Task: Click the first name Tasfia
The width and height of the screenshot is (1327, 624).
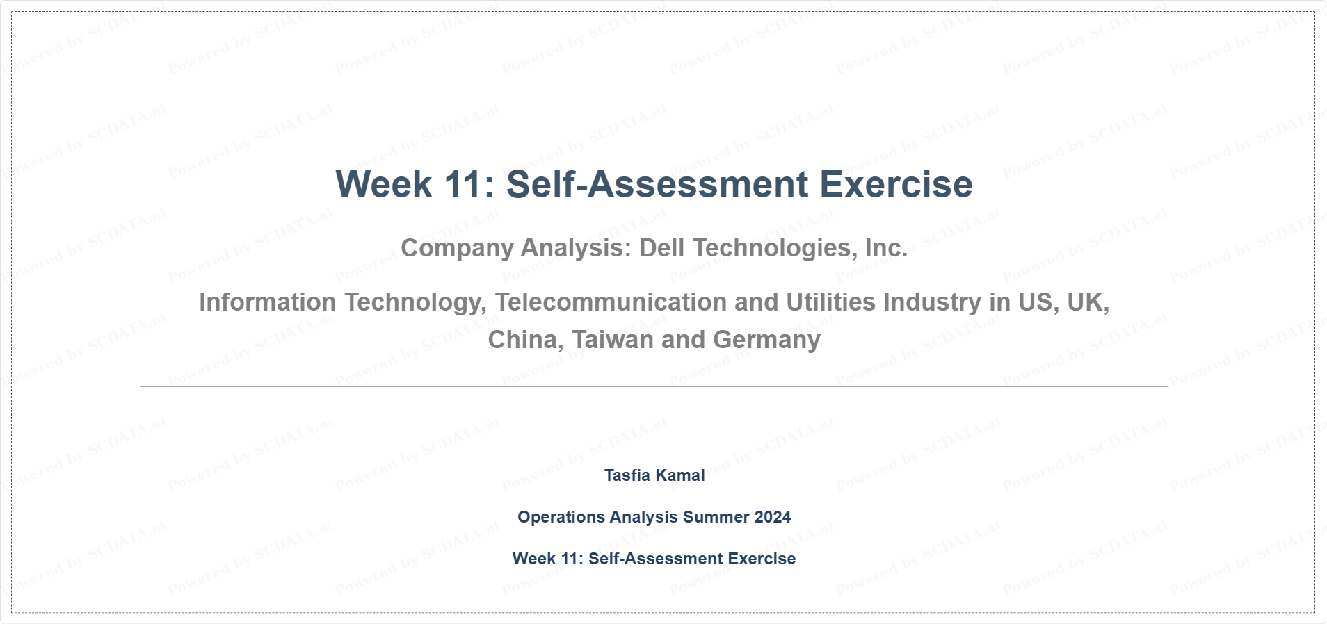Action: click(x=626, y=475)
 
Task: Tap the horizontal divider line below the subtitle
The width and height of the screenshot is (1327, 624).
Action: click(x=654, y=386)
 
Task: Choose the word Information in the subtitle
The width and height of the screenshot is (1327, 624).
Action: click(x=268, y=302)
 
